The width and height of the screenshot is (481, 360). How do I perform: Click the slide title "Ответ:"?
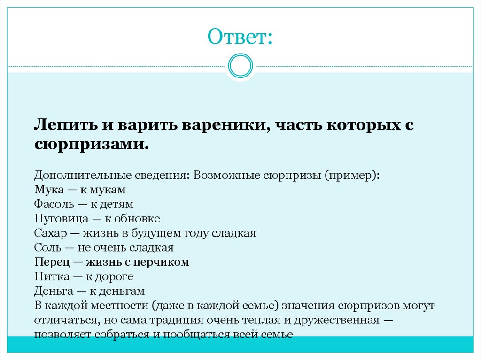coord(240,37)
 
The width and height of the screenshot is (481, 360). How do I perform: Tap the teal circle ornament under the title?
coord(240,65)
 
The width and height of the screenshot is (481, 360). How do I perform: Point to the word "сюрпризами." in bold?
coord(91,144)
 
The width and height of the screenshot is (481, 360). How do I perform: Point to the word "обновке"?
coord(140,219)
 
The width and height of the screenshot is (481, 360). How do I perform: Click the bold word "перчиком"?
coord(164,262)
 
